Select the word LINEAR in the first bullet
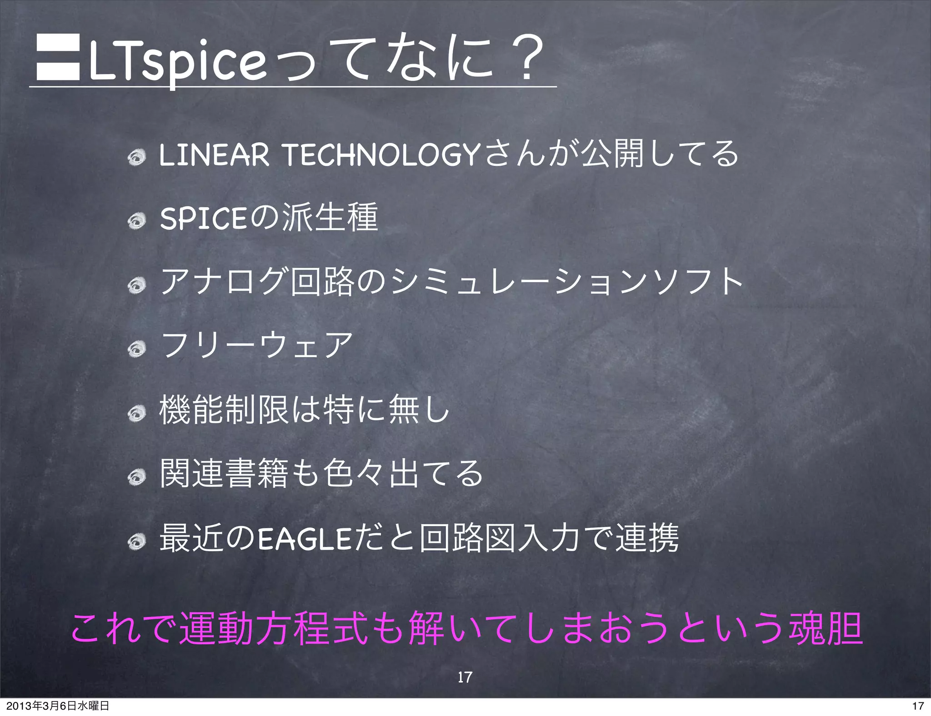click(x=214, y=155)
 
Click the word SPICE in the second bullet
click(x=203, y=219)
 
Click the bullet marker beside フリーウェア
click(x=136, y=349)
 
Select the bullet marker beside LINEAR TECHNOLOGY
click(x=136, y=158)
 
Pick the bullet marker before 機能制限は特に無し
click(x=136, y=413)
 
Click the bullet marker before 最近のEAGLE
click(x=136, y=541)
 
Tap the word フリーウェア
click(x=257, y=345)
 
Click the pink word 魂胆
click(x=826, y=629)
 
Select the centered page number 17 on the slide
click(x=465, y=677)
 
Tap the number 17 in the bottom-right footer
click(x=918, y=706)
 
